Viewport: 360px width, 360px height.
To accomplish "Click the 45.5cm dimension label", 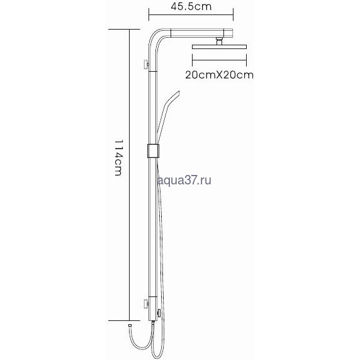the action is (191, 6).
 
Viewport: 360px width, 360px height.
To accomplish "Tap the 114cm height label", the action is (118, 158).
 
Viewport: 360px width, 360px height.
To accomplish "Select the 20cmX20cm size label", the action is (220, 75).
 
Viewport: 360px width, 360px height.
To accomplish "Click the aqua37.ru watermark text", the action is (184, 181).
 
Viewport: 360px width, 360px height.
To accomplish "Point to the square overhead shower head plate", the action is (219, 47).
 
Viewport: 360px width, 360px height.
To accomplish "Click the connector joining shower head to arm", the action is (219, 41).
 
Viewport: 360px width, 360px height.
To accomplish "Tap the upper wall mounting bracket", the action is (146, 65).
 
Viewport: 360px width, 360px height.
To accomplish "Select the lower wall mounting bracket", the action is (146, 304).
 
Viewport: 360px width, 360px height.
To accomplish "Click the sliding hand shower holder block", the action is (153, 151).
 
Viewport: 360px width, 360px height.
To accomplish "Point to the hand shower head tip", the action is (177, 93).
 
